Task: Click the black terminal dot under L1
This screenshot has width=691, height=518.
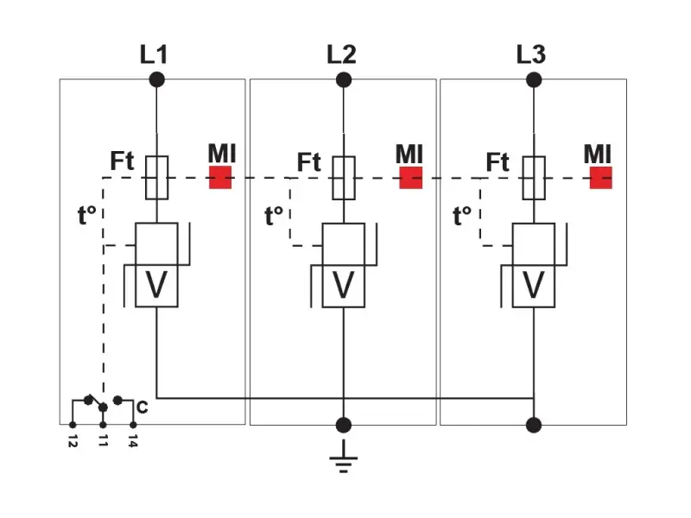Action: click(156, 79)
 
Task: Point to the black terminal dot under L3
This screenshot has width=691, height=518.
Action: click(534, 79)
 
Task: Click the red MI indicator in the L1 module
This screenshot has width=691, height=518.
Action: click(220, 178)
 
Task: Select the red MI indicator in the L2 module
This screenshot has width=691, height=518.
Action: click(410, 178)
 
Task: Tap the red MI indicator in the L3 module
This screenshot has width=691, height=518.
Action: click(601, 178)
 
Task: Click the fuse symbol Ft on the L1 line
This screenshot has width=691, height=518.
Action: click(156, 177)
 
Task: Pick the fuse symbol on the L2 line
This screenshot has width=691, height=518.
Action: click(344, 177)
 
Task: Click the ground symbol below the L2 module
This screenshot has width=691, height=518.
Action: click(344, 458)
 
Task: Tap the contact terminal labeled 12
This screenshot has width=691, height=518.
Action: click(73, 425)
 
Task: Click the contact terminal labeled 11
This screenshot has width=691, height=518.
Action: click(103, 425)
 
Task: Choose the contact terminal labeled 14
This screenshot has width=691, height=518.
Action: click(133, 425)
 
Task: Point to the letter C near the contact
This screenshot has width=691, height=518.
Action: click(142, 407)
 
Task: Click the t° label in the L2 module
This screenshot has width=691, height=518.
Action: click(274, 215)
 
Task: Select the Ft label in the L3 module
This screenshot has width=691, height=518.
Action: click(497, 161)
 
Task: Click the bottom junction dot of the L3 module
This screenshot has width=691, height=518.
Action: click(534, 424)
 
